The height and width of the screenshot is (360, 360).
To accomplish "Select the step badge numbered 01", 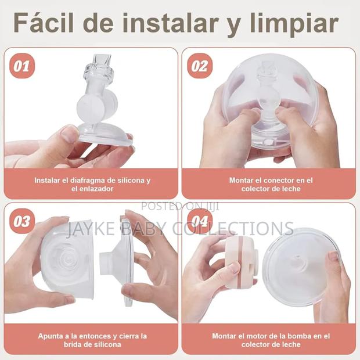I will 21,66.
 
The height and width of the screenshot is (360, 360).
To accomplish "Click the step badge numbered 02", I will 199,66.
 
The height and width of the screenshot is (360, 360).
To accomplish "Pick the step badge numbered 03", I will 21,221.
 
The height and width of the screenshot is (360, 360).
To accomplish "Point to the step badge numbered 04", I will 199,221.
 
